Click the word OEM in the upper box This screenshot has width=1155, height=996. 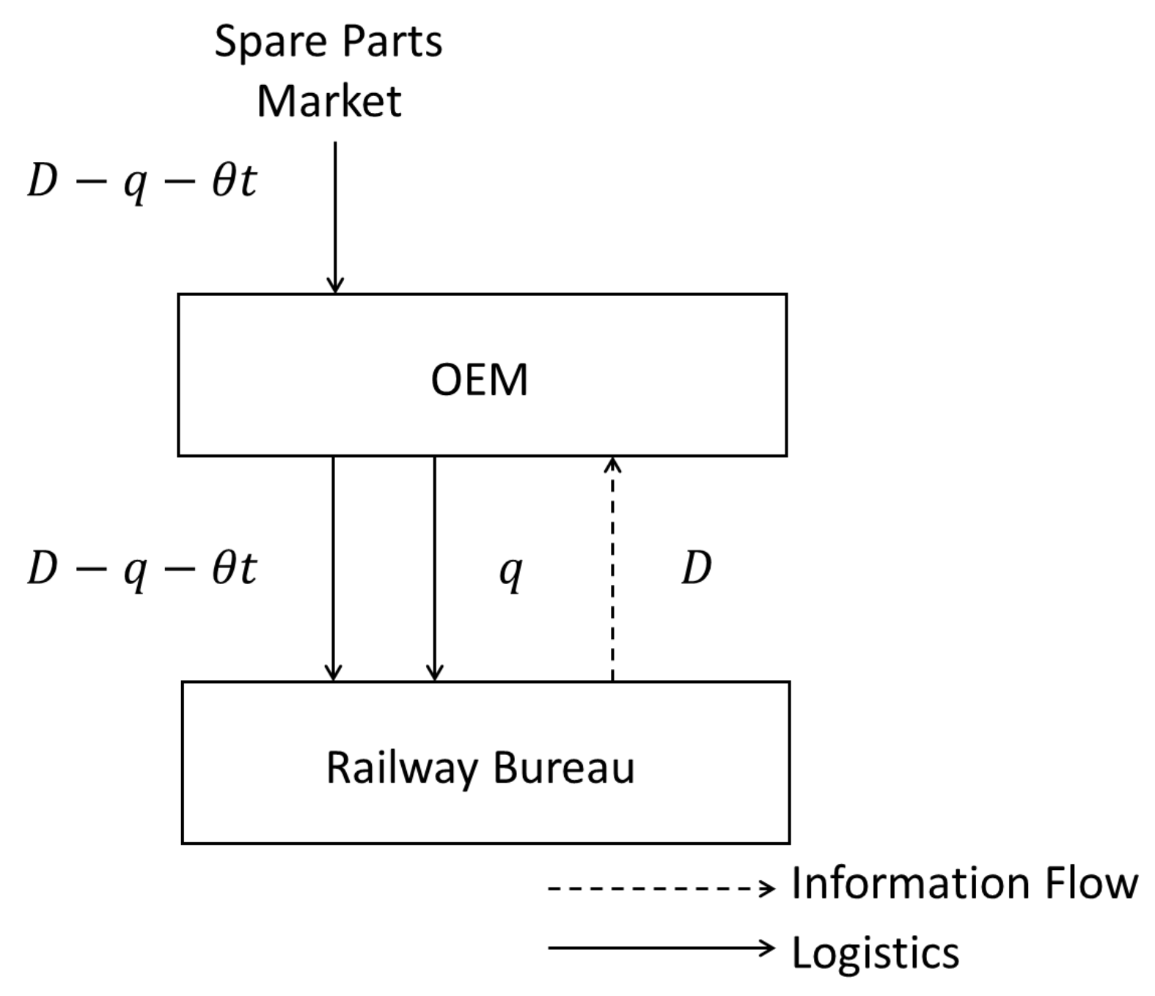(479, 380)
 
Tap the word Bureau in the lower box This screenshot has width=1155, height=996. (563, 768)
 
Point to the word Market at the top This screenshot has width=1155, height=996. (329, 101)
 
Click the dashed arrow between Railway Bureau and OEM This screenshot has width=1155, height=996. (612, 572)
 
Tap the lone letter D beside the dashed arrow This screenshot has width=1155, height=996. (696, 568)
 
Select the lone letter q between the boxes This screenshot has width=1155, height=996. (510, 571)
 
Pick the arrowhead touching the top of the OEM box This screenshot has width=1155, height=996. (335, 285)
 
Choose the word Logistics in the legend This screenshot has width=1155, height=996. (876, 953)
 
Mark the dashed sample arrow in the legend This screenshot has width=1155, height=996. (660, 889)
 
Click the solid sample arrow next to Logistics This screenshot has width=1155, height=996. (660, 948)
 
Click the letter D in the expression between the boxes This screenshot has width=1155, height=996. (42, 568)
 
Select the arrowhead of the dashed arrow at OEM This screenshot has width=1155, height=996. (613, 464)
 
